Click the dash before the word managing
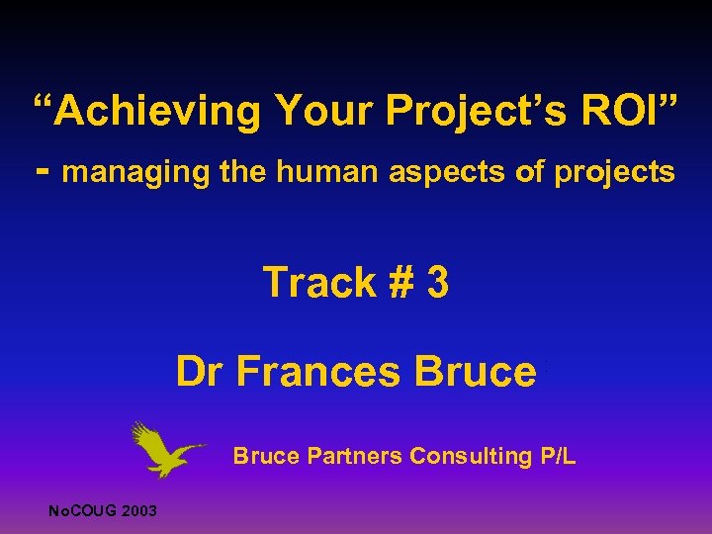click(x=41, y=171)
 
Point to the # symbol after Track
click(x=400, y=283)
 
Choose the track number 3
click(x=437, y=283)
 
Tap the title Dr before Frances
click(x=200, y=372)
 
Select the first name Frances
click(x=319, y=372)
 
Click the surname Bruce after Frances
click(x=476, y=372)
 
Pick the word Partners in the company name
click(x=355, y=456)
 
